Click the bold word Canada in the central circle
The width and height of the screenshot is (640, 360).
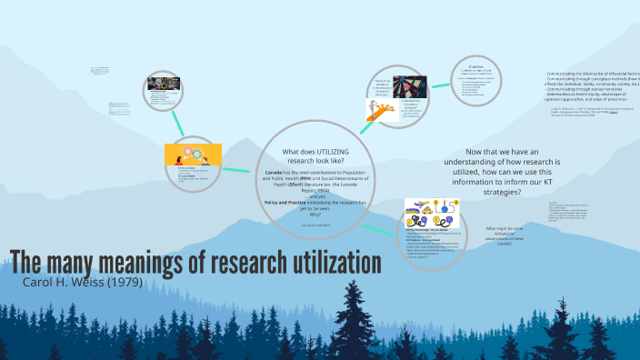click(x=274, y=172)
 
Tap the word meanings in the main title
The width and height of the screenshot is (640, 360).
click(x=137, y=261)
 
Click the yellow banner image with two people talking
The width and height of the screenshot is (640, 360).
click(x=194, y=155)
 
